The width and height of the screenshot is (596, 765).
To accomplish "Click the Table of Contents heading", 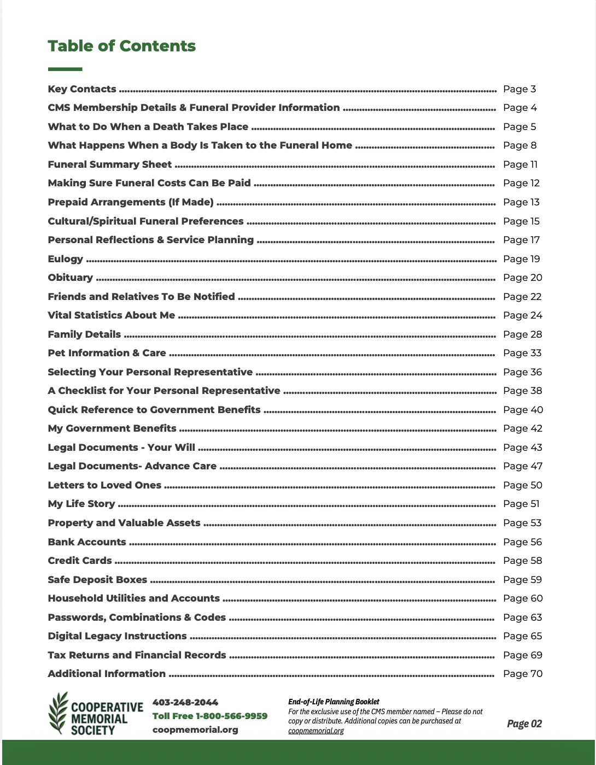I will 121,46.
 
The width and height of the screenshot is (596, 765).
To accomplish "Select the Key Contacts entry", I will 82,89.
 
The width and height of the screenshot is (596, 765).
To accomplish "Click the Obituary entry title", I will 71,278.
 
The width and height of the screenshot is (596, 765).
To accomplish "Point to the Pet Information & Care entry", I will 107,353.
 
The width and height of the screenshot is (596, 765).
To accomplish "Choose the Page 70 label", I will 522,674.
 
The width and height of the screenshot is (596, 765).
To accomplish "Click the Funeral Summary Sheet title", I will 109,164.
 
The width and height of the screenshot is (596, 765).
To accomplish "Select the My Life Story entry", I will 81,504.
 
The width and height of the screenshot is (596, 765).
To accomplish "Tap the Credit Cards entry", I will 80,561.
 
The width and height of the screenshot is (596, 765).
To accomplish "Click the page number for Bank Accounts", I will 522,542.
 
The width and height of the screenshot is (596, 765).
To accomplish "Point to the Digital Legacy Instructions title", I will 117,636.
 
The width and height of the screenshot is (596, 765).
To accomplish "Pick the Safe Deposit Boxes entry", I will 97,580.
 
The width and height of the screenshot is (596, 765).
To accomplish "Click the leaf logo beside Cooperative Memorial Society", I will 59,713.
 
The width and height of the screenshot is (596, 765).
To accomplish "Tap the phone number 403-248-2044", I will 185,703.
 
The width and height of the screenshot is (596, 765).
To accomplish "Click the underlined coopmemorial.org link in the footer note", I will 316,731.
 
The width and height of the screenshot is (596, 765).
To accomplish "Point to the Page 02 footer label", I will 524,724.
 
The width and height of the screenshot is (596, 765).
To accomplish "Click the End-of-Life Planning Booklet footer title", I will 334,702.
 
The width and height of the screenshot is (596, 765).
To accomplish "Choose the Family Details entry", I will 84,334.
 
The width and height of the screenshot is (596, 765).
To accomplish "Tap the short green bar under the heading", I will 65,69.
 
